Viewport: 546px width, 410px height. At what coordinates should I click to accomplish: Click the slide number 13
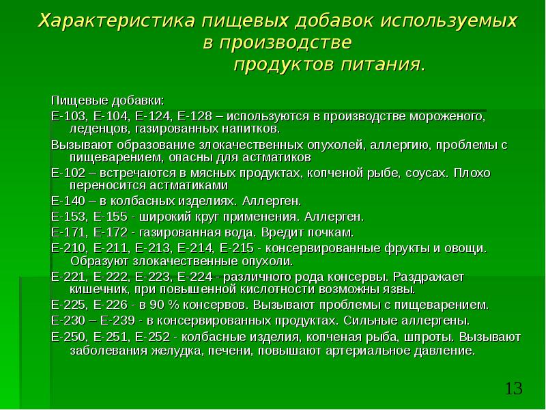pyautogui.click(x=513, y=389)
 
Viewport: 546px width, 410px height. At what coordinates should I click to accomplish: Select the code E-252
pyautogui.click(x=152, y=337)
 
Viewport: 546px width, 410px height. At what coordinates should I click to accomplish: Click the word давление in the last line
pyautogui.click(x=440, y=350)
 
